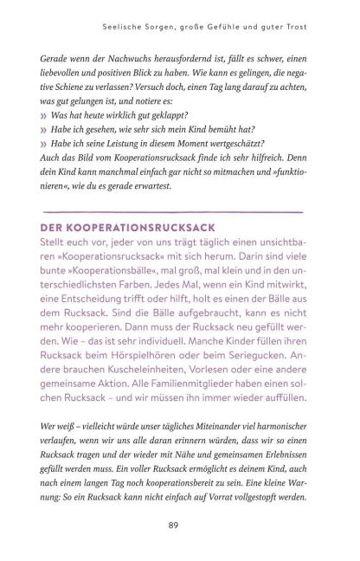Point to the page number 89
pos(179,525)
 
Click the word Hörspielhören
pos(188,369)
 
